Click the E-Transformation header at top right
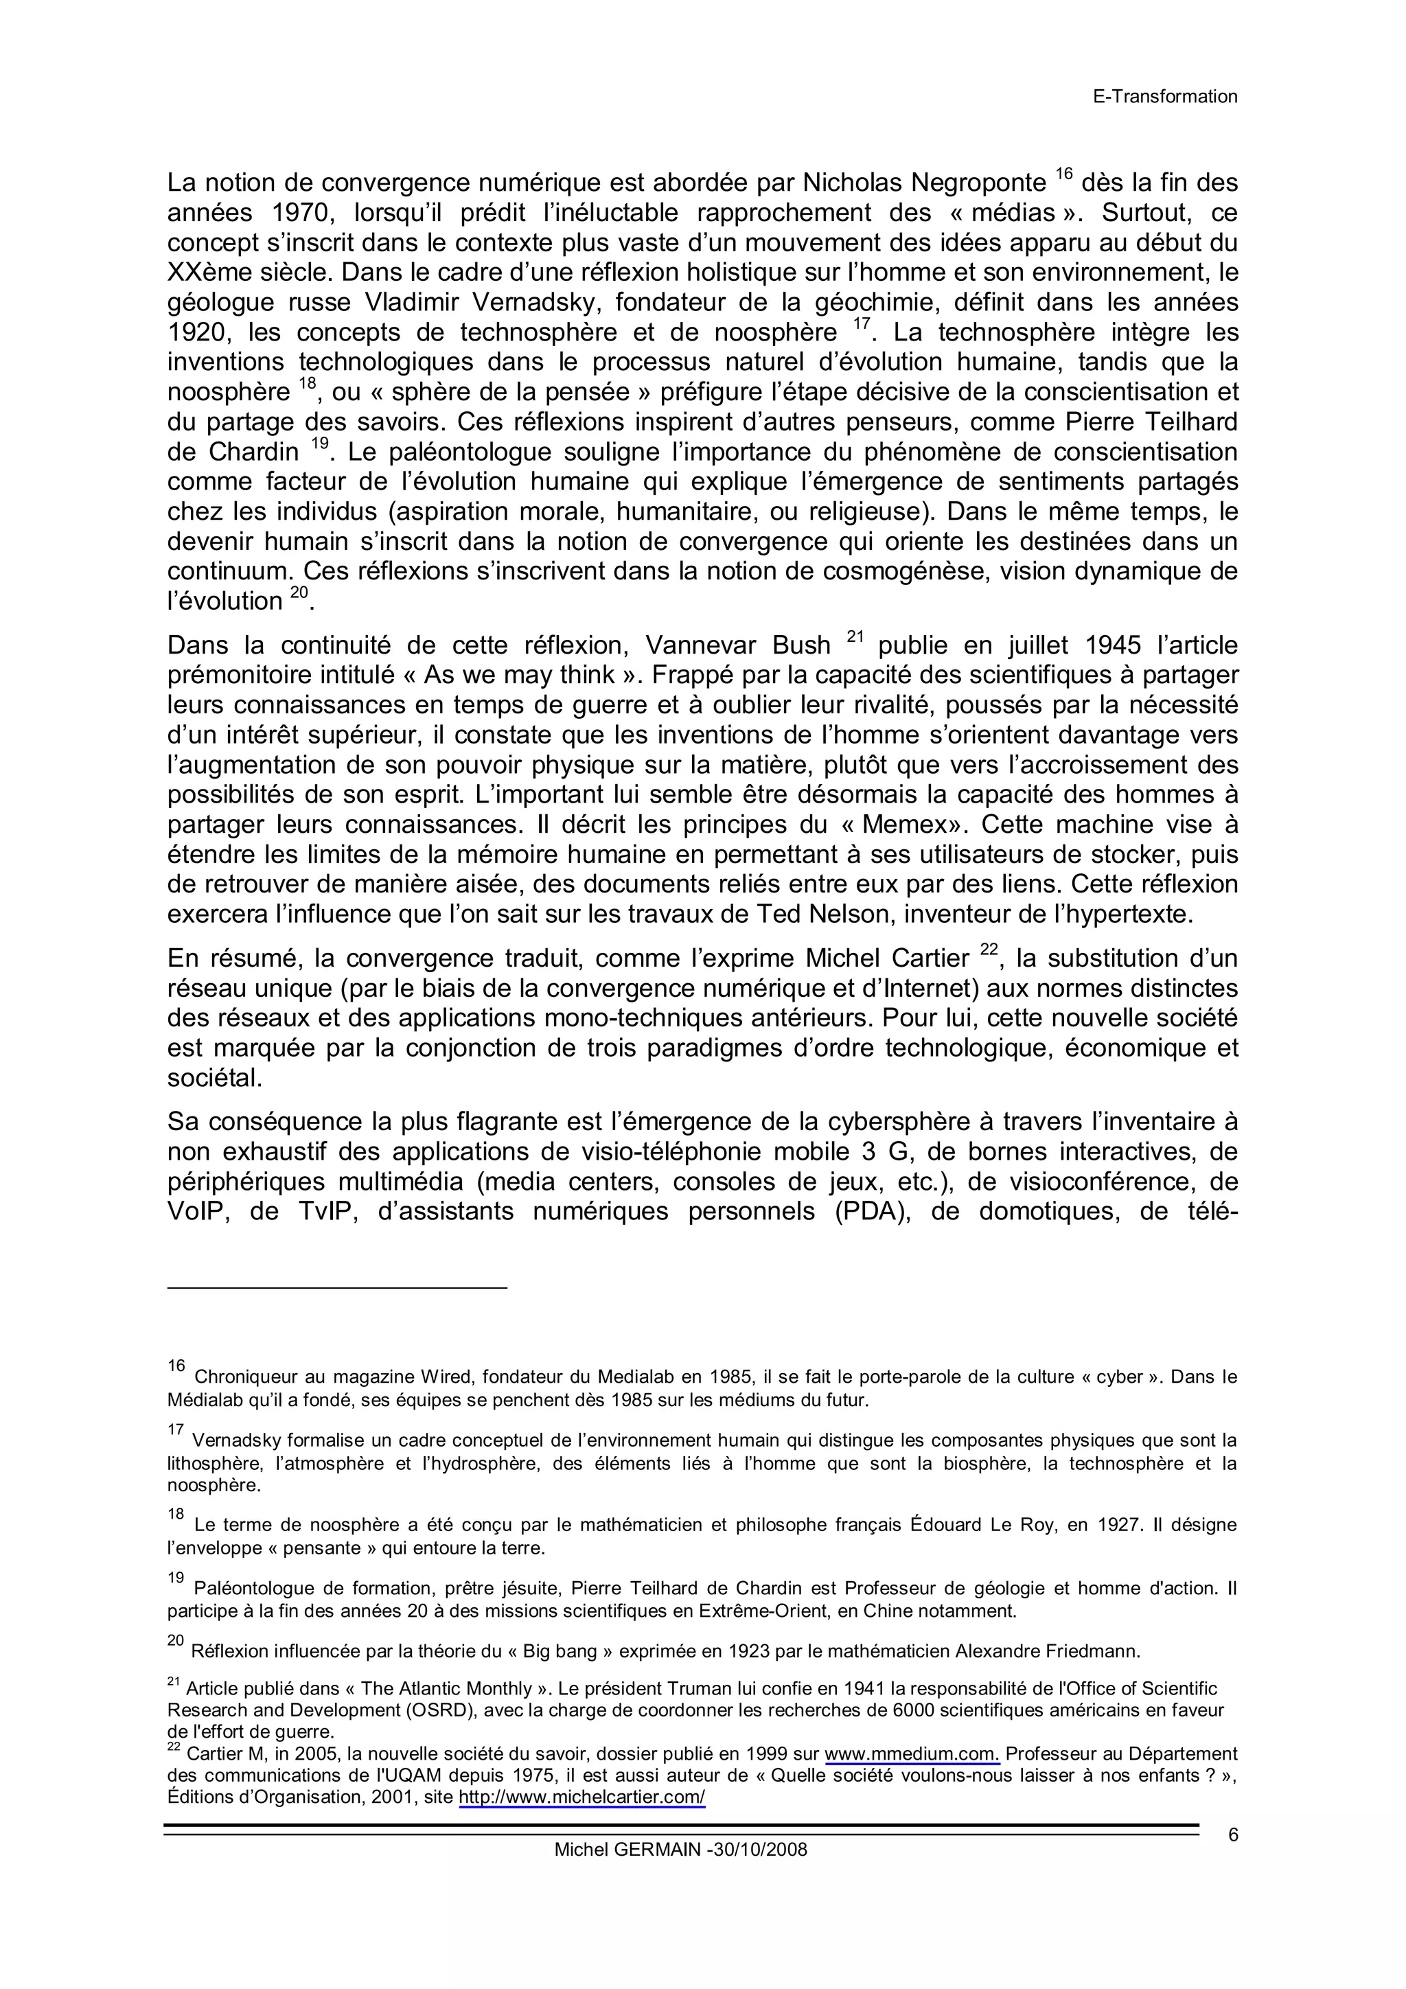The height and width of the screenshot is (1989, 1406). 1164,97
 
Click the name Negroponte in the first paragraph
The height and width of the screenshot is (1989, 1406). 978,183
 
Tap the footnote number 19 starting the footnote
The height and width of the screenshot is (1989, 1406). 176,1578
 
